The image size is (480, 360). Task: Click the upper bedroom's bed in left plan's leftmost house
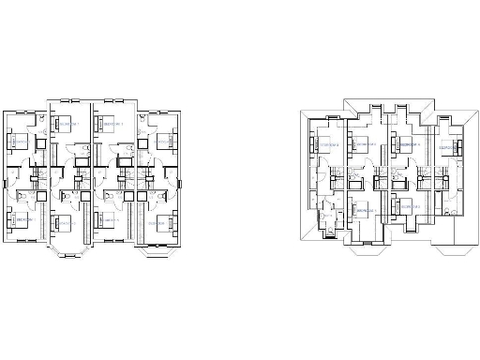click(x=18, y=142)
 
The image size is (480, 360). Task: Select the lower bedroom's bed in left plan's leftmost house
click(x=18, y=221)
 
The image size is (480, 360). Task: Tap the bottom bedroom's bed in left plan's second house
click(x=63, y=223)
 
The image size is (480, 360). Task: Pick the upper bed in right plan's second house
click(x=361, y=143)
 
